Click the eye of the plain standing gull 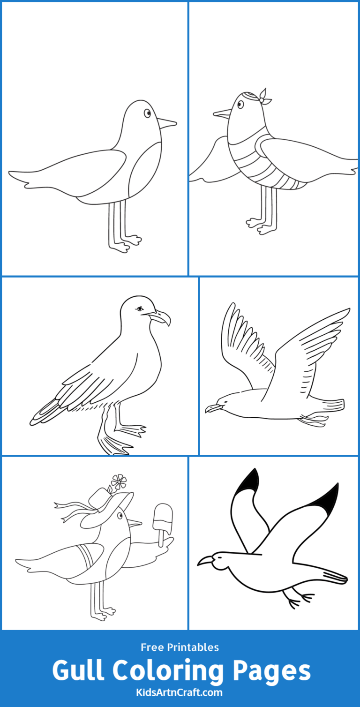[147, 113]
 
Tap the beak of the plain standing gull [166, 123]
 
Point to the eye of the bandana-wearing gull [240, 104]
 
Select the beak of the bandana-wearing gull [222, 113]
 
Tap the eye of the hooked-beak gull [139, 309]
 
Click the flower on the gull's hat [119, 481]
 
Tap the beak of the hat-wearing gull [135, 522]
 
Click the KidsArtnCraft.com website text [180, 692]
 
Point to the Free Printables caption [180, 647]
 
